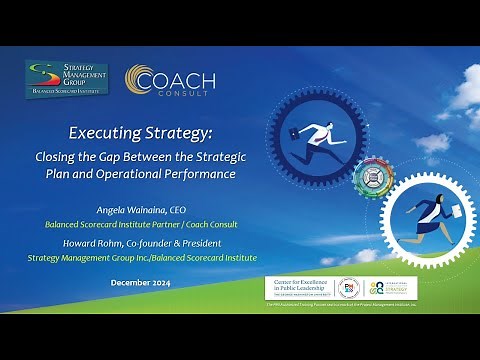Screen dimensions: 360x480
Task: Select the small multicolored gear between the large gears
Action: [371, 177]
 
